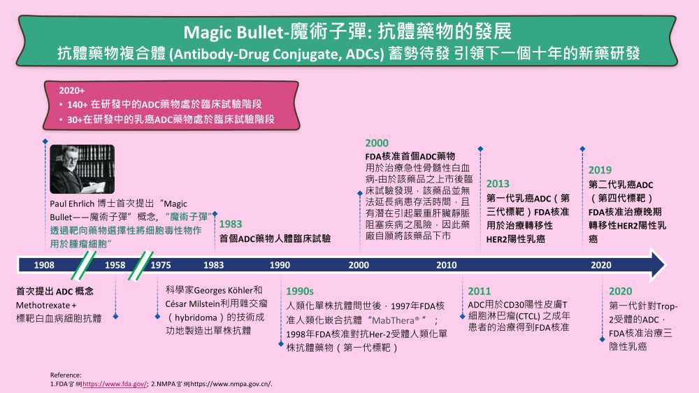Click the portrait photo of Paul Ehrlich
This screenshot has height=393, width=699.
(x=82, y=169)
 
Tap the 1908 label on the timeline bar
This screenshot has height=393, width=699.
(x=44, y=265)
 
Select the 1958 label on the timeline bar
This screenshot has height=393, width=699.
(x=115, y=265)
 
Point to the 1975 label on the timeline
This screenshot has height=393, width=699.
(x=161, y=265)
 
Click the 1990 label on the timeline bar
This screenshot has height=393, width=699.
(x=280, y=265)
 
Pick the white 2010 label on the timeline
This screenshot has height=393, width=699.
(x=446, y=265)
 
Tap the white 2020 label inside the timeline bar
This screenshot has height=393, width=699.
(x=601, y=265)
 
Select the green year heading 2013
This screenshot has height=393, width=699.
(x=498, y=184)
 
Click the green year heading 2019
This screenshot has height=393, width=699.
(x=600, y=170)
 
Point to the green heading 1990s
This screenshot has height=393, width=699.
(x=300, y=292)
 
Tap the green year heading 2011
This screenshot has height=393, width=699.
(x=480, y=292)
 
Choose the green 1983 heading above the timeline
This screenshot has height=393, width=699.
(x=231, y=224)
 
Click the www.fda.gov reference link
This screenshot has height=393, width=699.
(x=115, y=384)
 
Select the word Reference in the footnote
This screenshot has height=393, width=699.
(x=66, y=375)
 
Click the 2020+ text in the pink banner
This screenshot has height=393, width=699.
(x=72, y=90)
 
